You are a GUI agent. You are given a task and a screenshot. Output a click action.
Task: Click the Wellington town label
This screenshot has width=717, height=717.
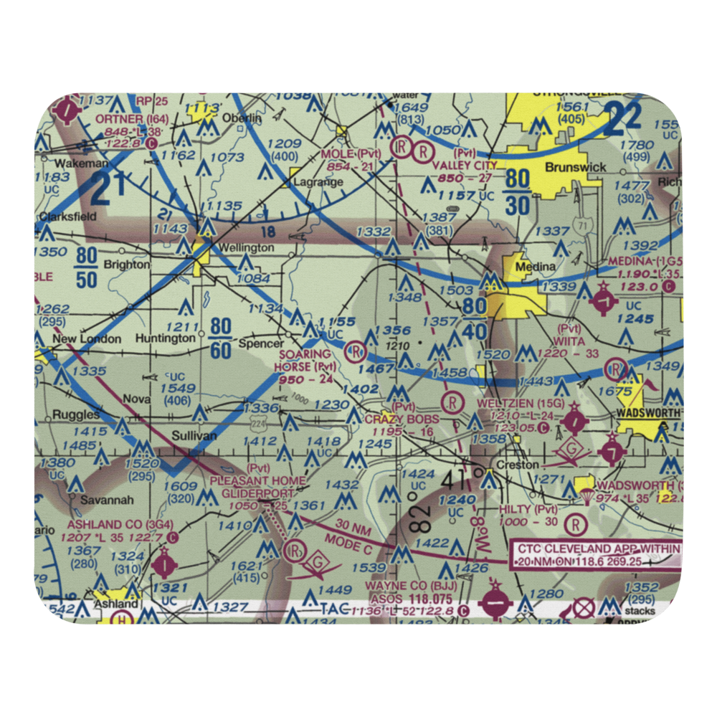pyautogui.click(x=247, y=247)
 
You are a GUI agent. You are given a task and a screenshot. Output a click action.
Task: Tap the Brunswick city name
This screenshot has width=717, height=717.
pyautogui.click(x=576, y=167)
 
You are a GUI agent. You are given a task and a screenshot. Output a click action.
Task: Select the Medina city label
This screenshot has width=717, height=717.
pyautogui.click(x=537, y=267)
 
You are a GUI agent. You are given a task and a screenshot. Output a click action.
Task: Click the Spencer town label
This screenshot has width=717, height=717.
pyautogui.click(x=261, y=343)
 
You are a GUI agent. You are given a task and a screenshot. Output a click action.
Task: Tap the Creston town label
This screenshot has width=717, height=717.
pyautogui.click(x=518, y=465)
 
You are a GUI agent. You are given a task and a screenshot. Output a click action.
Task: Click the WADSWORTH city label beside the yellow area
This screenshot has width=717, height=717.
pyautogui.click(x=648, y=414)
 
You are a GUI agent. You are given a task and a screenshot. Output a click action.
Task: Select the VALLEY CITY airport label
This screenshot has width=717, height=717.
pyautogui.click(x=465, y=165)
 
